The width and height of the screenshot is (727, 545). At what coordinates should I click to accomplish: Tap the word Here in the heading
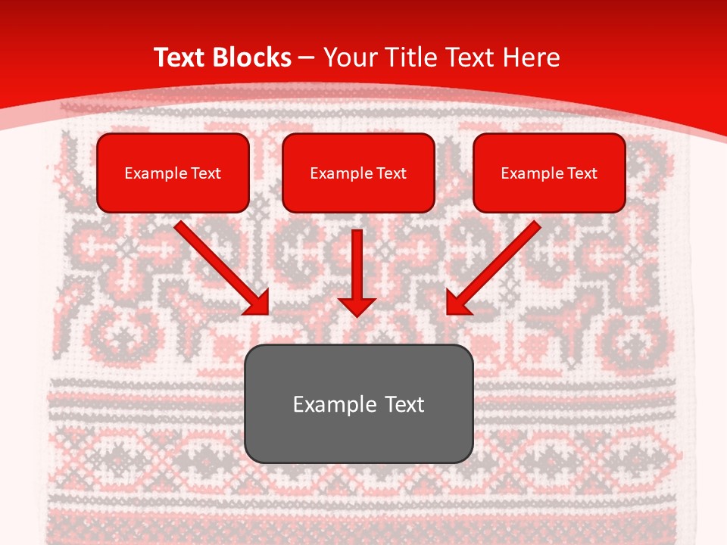(532, 57)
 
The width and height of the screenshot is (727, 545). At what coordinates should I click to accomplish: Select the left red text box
(173, 173)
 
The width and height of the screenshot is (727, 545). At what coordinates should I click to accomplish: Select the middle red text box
(358, 173)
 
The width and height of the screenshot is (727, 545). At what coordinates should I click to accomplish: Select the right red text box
(549, 173)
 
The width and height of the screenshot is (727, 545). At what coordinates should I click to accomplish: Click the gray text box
(358, 403)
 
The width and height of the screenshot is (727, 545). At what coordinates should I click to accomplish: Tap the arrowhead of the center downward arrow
(357, 307)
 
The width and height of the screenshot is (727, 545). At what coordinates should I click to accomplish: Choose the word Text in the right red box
(582, 173)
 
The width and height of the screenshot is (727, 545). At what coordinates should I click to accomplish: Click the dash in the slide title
(307, 58)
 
